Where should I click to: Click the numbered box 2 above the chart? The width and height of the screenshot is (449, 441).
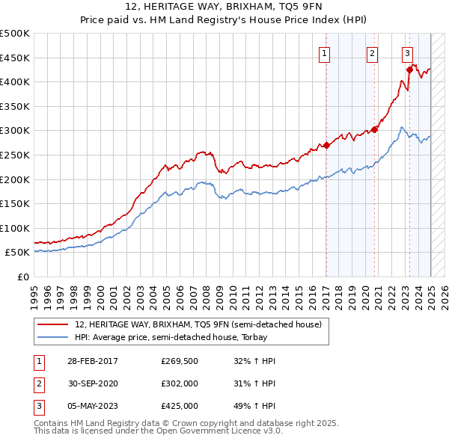[372, 53]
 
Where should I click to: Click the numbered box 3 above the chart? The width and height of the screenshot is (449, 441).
[407, 53]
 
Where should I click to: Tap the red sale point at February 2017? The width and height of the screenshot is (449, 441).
[326, 146]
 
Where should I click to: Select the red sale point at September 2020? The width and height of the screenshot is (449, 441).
[375, 129]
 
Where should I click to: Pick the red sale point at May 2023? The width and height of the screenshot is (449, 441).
[409, 70]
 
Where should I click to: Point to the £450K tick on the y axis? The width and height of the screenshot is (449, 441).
[15, 58]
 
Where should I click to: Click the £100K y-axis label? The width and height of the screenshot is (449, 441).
[15, 228]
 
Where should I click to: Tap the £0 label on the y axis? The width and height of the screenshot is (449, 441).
[22, 277]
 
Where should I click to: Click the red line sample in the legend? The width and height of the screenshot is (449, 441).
[53, 324]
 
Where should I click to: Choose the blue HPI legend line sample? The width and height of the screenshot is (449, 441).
[53, 338]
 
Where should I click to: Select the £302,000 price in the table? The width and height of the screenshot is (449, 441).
[180, 383]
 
